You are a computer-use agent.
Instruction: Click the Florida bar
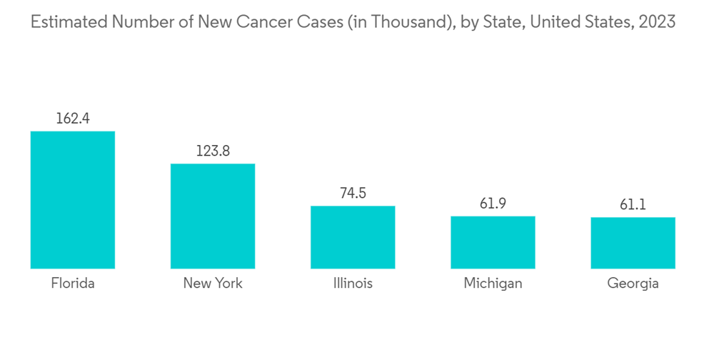point(72,200)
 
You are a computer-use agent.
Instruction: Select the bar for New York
point(212,216)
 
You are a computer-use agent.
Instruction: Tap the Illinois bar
point(353,237)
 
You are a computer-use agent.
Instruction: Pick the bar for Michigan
point(493,242)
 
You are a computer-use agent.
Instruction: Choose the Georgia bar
point(633,243)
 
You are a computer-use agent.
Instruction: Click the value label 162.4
point(72,119)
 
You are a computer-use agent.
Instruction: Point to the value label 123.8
point(213,151)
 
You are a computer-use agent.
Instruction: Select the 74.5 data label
point(353,194)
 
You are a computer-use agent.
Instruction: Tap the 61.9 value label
point(493,204)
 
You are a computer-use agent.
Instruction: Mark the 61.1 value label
point(633,205)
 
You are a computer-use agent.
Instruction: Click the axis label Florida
point(72,284)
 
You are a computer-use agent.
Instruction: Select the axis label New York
point(213,284)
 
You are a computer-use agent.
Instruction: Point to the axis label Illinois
point(353,284)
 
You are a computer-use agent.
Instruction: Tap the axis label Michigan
point(493,284)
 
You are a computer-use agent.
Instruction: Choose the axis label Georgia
point(633,284)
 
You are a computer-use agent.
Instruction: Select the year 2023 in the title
point(658,22)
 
